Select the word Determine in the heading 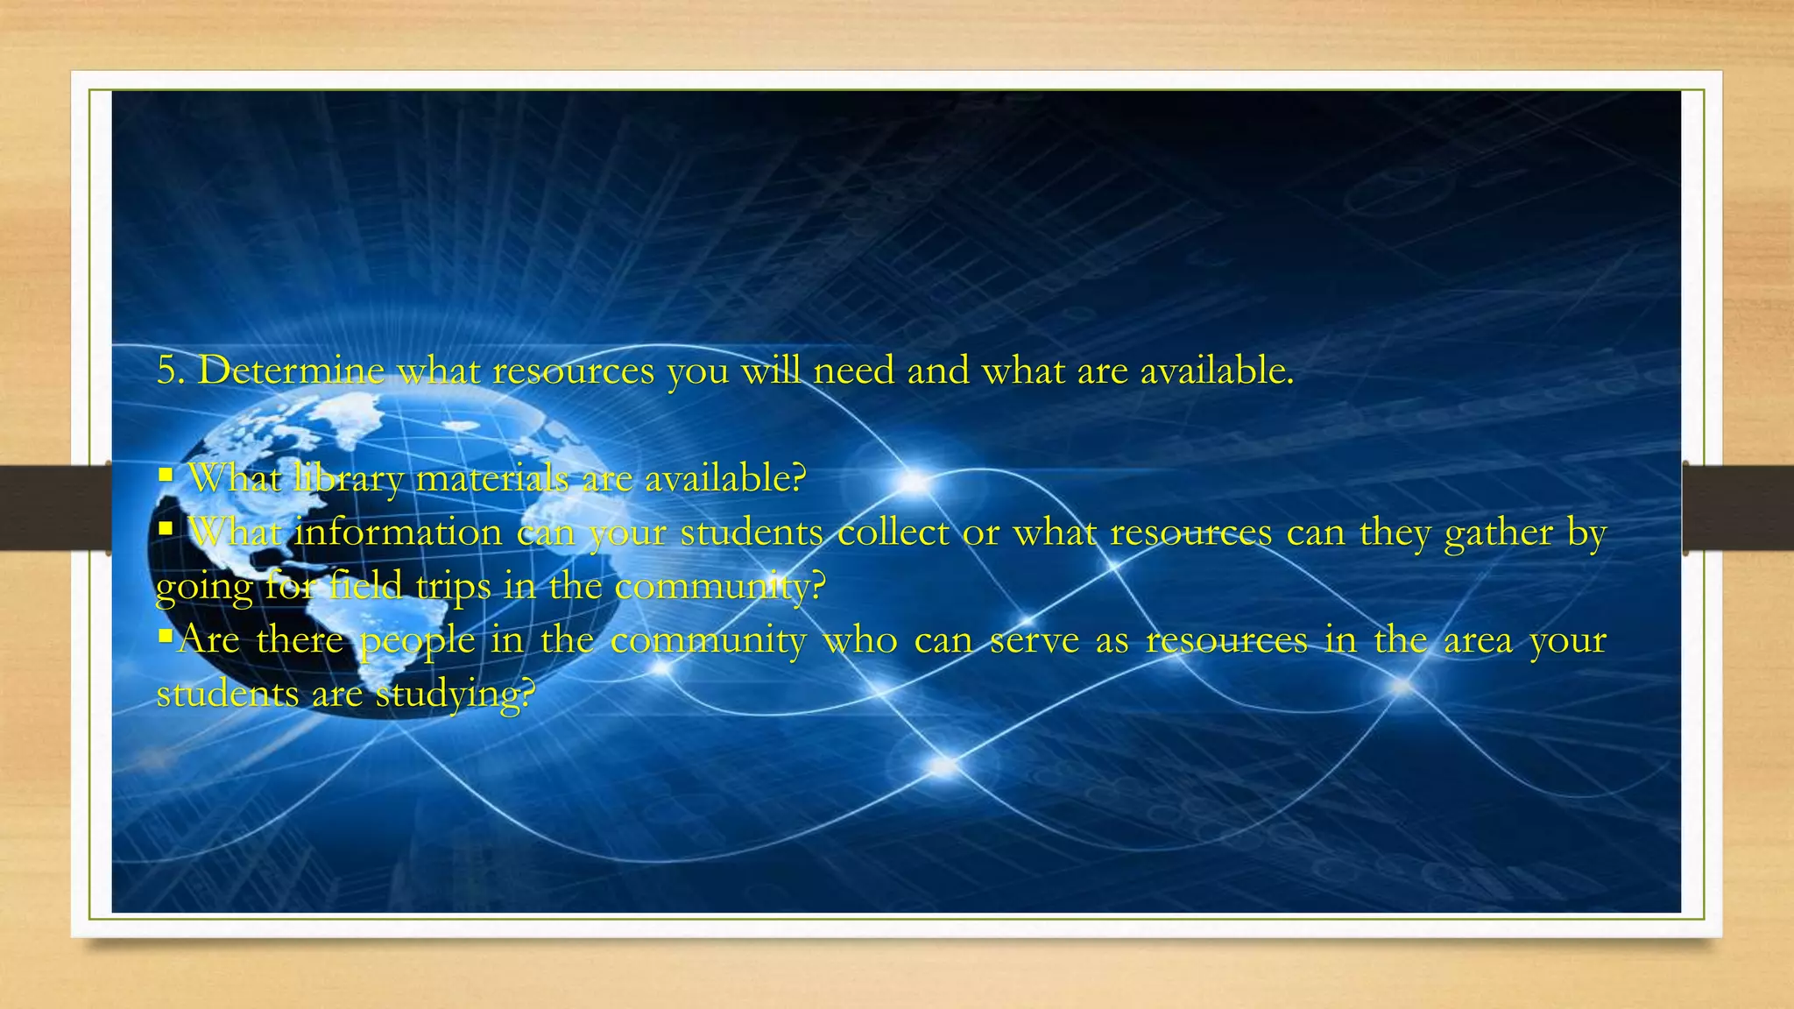pyautogui.click(x=291, y=371)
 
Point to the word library pyautogui.click(x=347, y=479)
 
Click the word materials pyautogui.click(x=491, y=479)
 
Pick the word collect pyautogui.click(x=893, y=533)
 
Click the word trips pyautogui.click(x=453, y=587)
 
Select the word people pyautogui.click(x=417, y=641)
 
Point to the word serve pyautogui.click(x=1035, y=640)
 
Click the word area pyautogui.click(x=1478, y=640)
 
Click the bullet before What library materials pyautogui.click(x=166, y=476)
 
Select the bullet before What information pyautogui.click(x=166, y=529)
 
